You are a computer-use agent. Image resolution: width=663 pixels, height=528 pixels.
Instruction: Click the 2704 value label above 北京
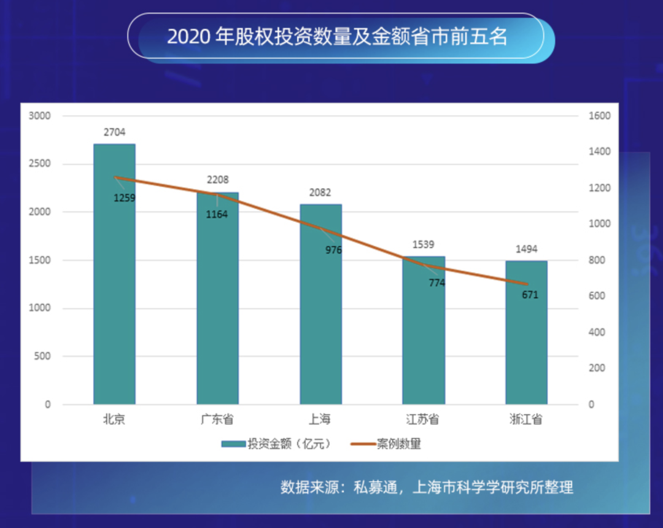point(114,132)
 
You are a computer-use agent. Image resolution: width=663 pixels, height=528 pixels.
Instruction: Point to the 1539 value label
point(424,244)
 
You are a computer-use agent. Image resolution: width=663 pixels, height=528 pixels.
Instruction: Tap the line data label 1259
point(124,198)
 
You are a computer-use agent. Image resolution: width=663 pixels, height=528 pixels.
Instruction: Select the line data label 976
point(333,250)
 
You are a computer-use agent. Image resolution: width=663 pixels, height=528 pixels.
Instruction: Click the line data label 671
point(530,295)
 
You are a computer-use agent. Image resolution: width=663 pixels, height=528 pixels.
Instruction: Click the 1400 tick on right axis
point(600,152)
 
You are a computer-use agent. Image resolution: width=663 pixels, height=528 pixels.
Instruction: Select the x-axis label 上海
point(320,420)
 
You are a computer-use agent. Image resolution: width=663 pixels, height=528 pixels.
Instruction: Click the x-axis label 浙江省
point(526,420)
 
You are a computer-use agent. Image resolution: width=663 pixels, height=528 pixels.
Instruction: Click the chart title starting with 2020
point(337,37)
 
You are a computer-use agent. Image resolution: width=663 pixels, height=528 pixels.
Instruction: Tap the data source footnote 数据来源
point(427,487)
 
